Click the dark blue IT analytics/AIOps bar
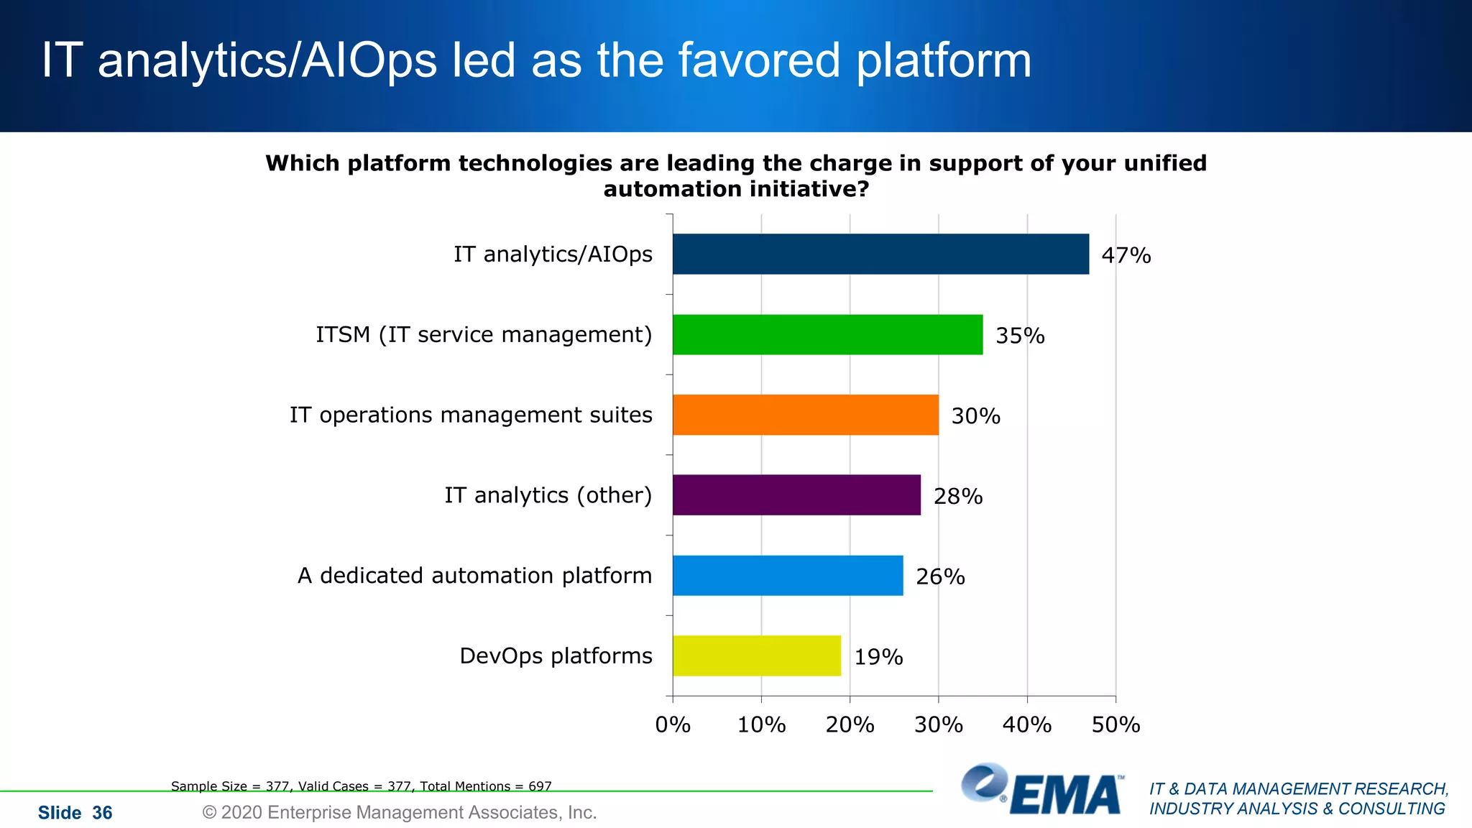(880, 254)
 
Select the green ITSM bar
(827, 334)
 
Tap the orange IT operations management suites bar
(805, 415)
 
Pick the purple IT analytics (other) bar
(796, 494)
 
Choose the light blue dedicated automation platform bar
(788, 575)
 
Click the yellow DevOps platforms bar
(756, 655)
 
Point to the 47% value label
(1126, 255)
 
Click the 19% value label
(878, 657)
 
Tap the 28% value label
(957, 496)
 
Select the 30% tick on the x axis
(938, 724)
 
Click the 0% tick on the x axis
(673, 724)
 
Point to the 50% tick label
(1115, 724)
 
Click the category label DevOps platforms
(556, 655)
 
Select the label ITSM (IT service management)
(484, 334)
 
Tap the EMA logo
(1043, 789)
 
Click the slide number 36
(102, 813)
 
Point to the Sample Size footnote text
(361, 786)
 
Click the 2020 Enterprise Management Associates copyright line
(400, 812)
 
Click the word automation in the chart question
(672, 189)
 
